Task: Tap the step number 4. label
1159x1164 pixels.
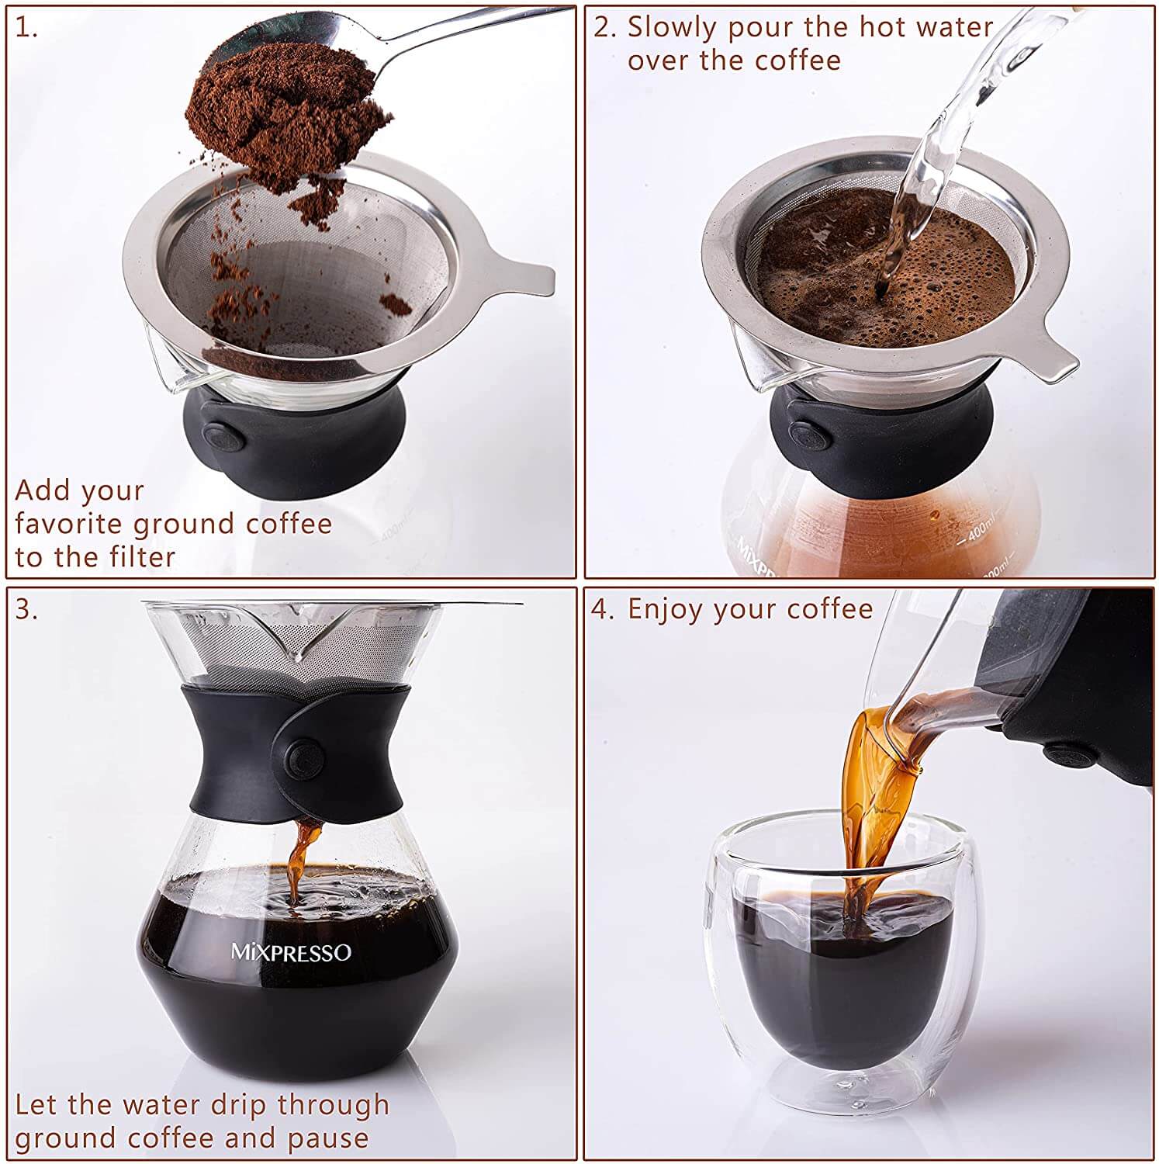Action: point(602,610)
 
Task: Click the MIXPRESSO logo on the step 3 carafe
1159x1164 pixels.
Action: point(291,952)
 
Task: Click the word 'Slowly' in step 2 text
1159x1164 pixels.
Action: point(672,28)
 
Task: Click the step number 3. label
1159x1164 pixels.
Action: point(26,610)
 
